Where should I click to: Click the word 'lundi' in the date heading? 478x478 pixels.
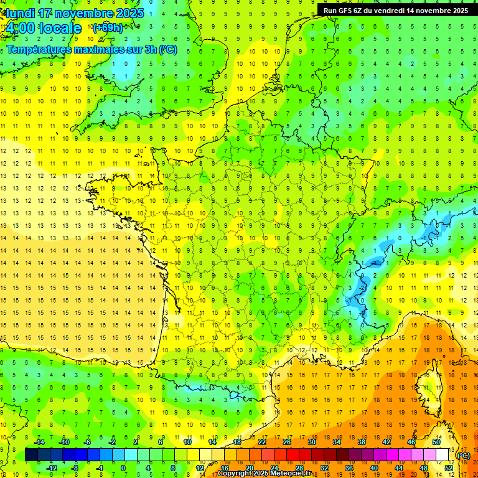pos(20,13)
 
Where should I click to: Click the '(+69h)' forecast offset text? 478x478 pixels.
pos(107,28)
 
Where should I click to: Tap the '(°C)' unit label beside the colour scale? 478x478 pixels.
pos(463,455)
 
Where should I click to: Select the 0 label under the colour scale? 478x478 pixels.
pos(123,468)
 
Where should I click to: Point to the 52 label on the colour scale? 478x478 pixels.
pos(448,468)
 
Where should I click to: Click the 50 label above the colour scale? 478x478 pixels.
pos(436,442)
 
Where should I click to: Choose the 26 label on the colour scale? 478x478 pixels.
pos(287,442)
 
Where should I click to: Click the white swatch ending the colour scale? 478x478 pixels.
pos(442,455)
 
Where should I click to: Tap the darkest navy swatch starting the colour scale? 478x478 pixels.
pos(31,455)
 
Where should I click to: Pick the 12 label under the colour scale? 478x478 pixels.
pos(199,468)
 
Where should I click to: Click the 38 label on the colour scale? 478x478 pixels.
pos(362,442)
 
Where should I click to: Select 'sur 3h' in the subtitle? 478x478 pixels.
pos(145,49)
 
